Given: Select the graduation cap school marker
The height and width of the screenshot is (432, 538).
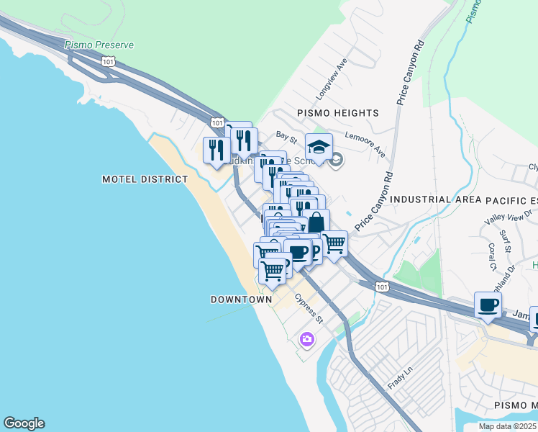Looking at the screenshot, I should pyautogui.click(x=319, y=148).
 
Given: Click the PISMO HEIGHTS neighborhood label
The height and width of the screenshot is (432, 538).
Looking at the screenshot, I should pyautogui.click(x=337, y=113).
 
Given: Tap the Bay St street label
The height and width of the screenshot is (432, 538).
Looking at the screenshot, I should pyautogui.click(x=287, y=135).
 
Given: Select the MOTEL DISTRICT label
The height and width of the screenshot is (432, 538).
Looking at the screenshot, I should pyautogui.click(x=145, y=179).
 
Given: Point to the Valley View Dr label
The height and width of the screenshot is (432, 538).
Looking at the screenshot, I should pyautogui.click(x=508, y=217).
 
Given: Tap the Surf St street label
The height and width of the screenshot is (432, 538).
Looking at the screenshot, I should pyautogui.click(x=506, y=241).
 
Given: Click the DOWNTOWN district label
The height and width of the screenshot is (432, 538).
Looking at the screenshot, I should pyautogui.click(x=242, y=299).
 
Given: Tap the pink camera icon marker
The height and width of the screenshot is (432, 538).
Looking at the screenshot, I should pyautogui.click(x=307, y=339).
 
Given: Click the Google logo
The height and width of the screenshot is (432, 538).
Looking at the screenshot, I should pyautogui.click(x=24, y=423).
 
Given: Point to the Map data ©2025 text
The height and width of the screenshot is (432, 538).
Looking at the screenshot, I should pyautogui.click(x=507, y=426).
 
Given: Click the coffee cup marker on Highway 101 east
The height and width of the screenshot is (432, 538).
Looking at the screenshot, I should pyautogui.click(x=488, y=305).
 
